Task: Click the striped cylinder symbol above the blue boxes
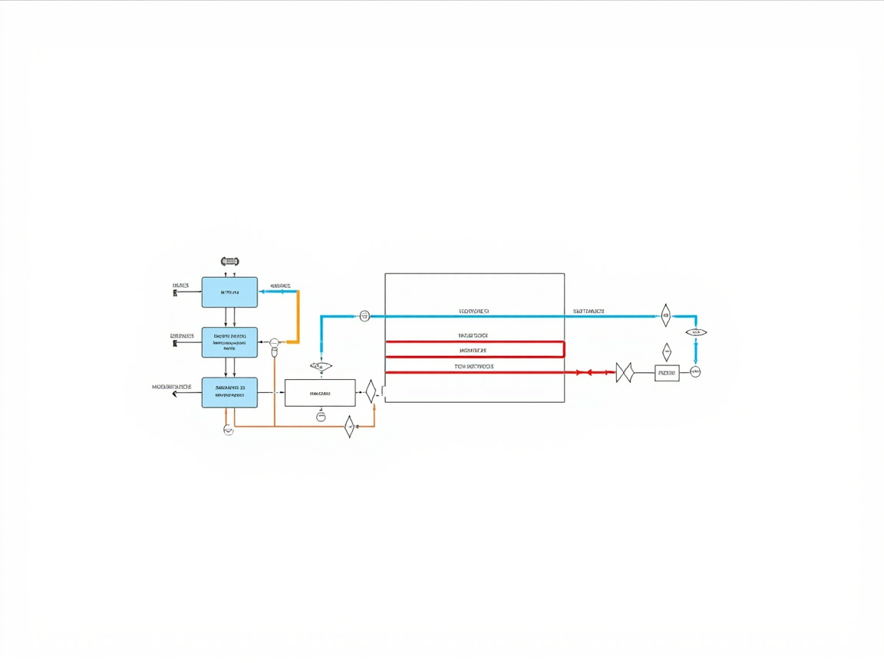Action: [229, 262]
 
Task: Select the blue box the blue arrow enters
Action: [229, 292]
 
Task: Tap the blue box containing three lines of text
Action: [229, 342]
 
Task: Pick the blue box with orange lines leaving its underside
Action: [229, 392]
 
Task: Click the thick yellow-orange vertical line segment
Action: [297, 316]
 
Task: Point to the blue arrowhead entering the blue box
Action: [262, 292]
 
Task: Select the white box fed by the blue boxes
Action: [320, 393]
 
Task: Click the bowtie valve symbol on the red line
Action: [624, 373]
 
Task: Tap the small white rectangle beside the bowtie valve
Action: [667, 373]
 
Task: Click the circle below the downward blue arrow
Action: [695, 372]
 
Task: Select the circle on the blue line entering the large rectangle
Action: [364, 315]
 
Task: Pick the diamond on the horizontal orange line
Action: [349, 426]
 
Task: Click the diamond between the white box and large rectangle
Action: [371, 391]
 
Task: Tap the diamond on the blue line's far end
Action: [666, 314]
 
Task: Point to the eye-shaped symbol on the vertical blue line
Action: [695, 332]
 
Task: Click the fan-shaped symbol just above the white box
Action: [321, 367]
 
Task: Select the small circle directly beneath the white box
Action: [321, 417]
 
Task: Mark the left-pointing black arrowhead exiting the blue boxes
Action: [175, 393]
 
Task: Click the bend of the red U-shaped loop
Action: [564, 349]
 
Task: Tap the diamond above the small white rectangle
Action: [666, 351]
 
